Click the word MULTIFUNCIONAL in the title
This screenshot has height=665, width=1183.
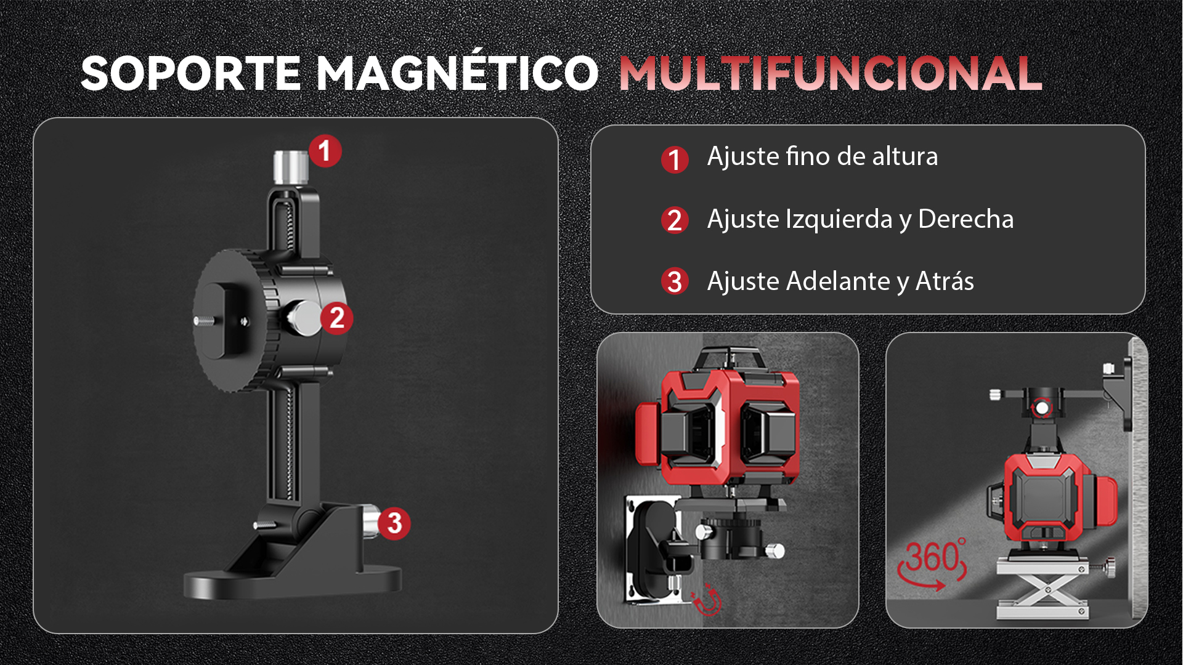click(x=830, y=73)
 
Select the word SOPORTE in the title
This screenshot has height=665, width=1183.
click(x=191, y=73)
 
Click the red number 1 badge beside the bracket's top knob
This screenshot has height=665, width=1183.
click(x=325, y=151)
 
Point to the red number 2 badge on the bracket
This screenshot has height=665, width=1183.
click(x=336, y=318)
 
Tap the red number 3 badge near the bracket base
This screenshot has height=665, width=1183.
click(x=394, y=523)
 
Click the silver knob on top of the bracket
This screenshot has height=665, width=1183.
click(x=291, y=167)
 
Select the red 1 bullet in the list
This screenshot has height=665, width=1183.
click(x=675, y=159)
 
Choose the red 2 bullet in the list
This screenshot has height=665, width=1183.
click(x=675, y=220)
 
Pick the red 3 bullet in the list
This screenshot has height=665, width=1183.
click(x=675, y=281)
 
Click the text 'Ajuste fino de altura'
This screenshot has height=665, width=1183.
click(x=823, y=156)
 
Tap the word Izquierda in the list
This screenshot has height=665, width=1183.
click(x=839, y=220)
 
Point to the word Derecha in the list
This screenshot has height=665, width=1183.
click(x=966, y=219)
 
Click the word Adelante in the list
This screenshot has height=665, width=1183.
click(x=838, y=281)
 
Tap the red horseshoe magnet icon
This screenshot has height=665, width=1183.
click(x=706, y=600)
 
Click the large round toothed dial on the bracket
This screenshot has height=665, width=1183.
click(x=234, y=320)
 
